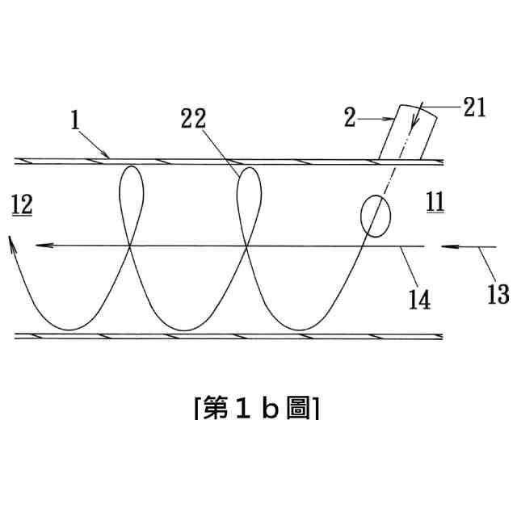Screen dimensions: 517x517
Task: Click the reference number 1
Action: coord(74,121)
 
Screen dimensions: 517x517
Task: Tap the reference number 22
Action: coord(194,120)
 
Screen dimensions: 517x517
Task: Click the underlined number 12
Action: coord(22,206)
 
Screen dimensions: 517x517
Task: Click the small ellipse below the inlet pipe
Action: coord(374,216)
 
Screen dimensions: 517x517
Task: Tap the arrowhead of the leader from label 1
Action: coord(109,155)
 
